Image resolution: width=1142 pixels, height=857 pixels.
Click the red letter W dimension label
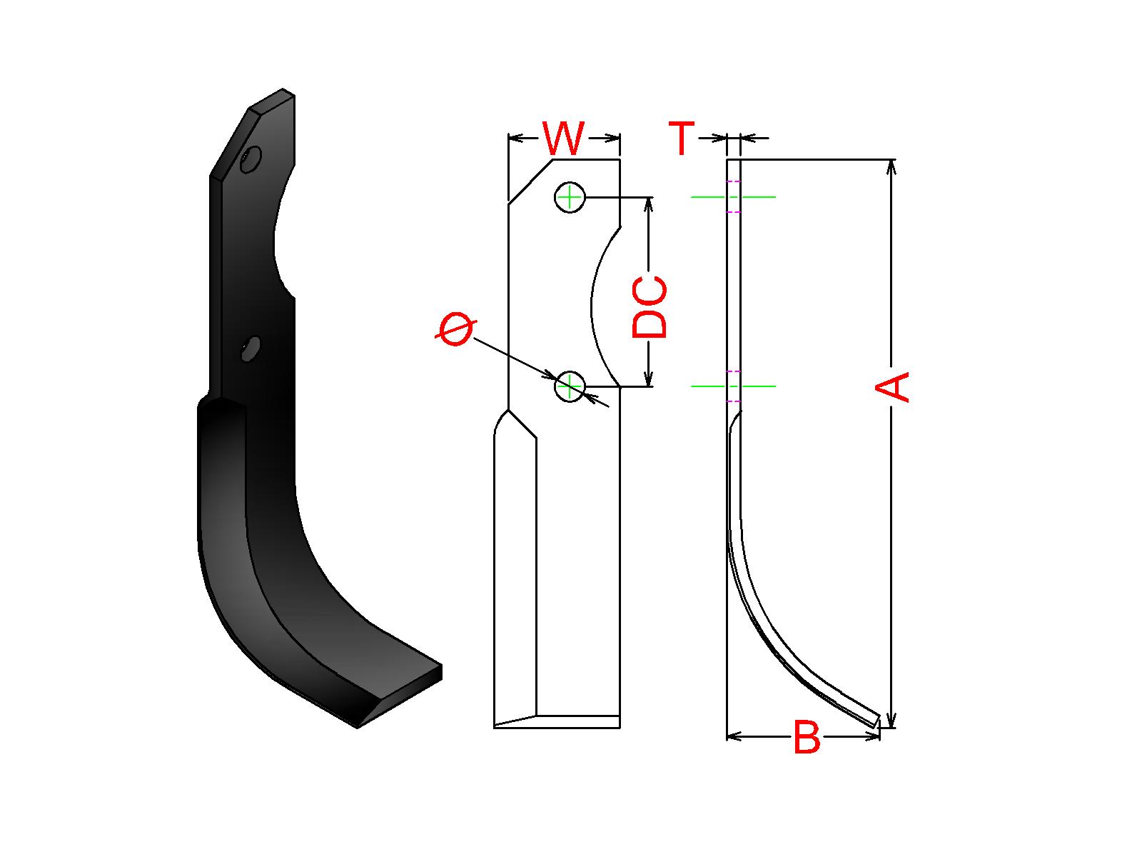pyautogui.click(x=563, y=139)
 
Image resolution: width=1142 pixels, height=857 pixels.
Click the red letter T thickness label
pyautogui.click(x=682, y=139)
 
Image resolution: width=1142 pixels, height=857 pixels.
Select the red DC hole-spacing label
pyautogui.click(x=650, y=306)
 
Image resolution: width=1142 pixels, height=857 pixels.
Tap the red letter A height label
pyautogui.click(x=892, y=386)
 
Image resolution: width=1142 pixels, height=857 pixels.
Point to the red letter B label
pyautogui.click(x=807, y=738)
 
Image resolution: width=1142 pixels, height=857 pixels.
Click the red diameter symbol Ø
pyautogui.click(x=455, y=329)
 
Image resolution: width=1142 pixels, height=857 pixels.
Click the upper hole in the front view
pyautogui.click(x=570, y=197)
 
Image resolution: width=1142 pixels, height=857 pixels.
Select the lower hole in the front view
pyautogui.click(x=570, y=386)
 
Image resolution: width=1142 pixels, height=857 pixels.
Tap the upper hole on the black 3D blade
pyautogui.click(x=251, y=159)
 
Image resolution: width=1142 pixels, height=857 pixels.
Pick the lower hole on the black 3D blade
pyautogui.click(x=251, y=349)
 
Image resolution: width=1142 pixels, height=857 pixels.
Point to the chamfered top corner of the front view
pyautogui.click(x=530, y=181)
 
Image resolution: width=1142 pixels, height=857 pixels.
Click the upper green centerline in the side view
pyautogui.click(x=734, y=196)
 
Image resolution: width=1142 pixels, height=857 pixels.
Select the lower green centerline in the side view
pyautogui.click(x=734, y=386)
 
